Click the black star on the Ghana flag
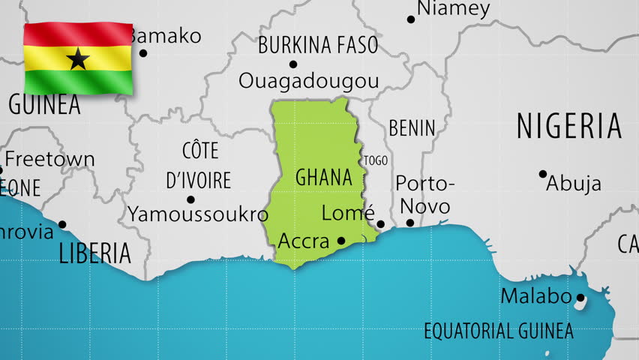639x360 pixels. (78, 58)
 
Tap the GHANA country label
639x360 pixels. (323, 178)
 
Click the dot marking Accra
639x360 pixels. (341, 241)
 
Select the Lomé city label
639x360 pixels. (348, 213)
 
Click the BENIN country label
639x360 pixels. (412, 128)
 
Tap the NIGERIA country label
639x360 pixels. (569, 126)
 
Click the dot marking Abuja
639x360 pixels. (543, 174)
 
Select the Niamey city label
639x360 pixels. (453, 9)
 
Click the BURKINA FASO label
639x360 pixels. (318, 46)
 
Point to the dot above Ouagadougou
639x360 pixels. (293, 64)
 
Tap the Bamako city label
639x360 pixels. (165, 35)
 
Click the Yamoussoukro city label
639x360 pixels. (198, 214)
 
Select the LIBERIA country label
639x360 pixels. (94, 253)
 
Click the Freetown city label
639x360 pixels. (49, 159)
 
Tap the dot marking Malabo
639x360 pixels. (580, 298)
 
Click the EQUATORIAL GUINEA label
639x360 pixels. (498, 331)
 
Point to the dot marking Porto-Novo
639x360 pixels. (409, 223)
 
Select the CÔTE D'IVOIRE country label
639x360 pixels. (199, 166)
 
